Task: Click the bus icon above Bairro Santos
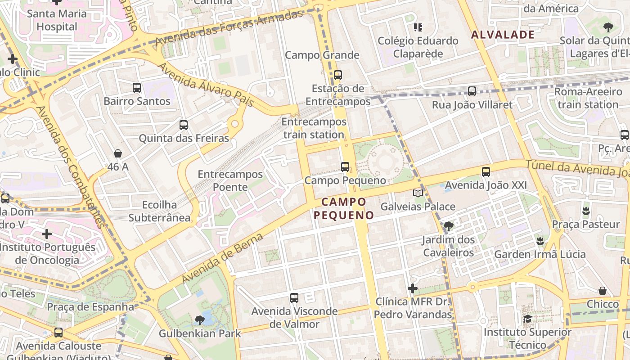pyautogui.click(x=137, y=88)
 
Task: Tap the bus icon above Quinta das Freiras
pyautogui.click(x=184, y=125)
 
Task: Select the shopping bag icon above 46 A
pyautogui.click(x=118, y=154)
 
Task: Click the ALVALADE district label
pyautogui.click(x=503, y=35)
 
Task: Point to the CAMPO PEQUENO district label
pyautogui.click(x=344, y=208)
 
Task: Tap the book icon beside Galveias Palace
pyautogui.click(x=418, y=193)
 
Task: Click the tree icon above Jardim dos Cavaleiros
pyautogui.click(x=448, y=226)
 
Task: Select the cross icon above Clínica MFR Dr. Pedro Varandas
pyautogui.click(x=413, y=288)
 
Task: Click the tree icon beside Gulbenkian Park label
pyautogui.click(x=200, y=320)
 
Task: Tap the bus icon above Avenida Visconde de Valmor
pyautogui.click(x=294, y=298)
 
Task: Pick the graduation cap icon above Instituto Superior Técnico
pyautogui.click(x=527, y=319)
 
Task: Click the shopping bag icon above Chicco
pyautogui.click(x=603, y=291)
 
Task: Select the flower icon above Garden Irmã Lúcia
pyautogui.click(x=540, y=241)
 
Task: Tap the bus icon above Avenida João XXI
pyautogui.click(x=486, y=172)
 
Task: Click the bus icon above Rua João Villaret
pyautogui.click(x=472, y=91)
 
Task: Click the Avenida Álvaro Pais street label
pyautogui.click(x=206, y=85)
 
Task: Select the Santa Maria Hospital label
pyautogui.click(x=57, y=20)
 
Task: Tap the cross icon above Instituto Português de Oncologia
pyautogui.click(x=47, y=234)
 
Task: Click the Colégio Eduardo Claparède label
pyautogui.click(x=418, y=47)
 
